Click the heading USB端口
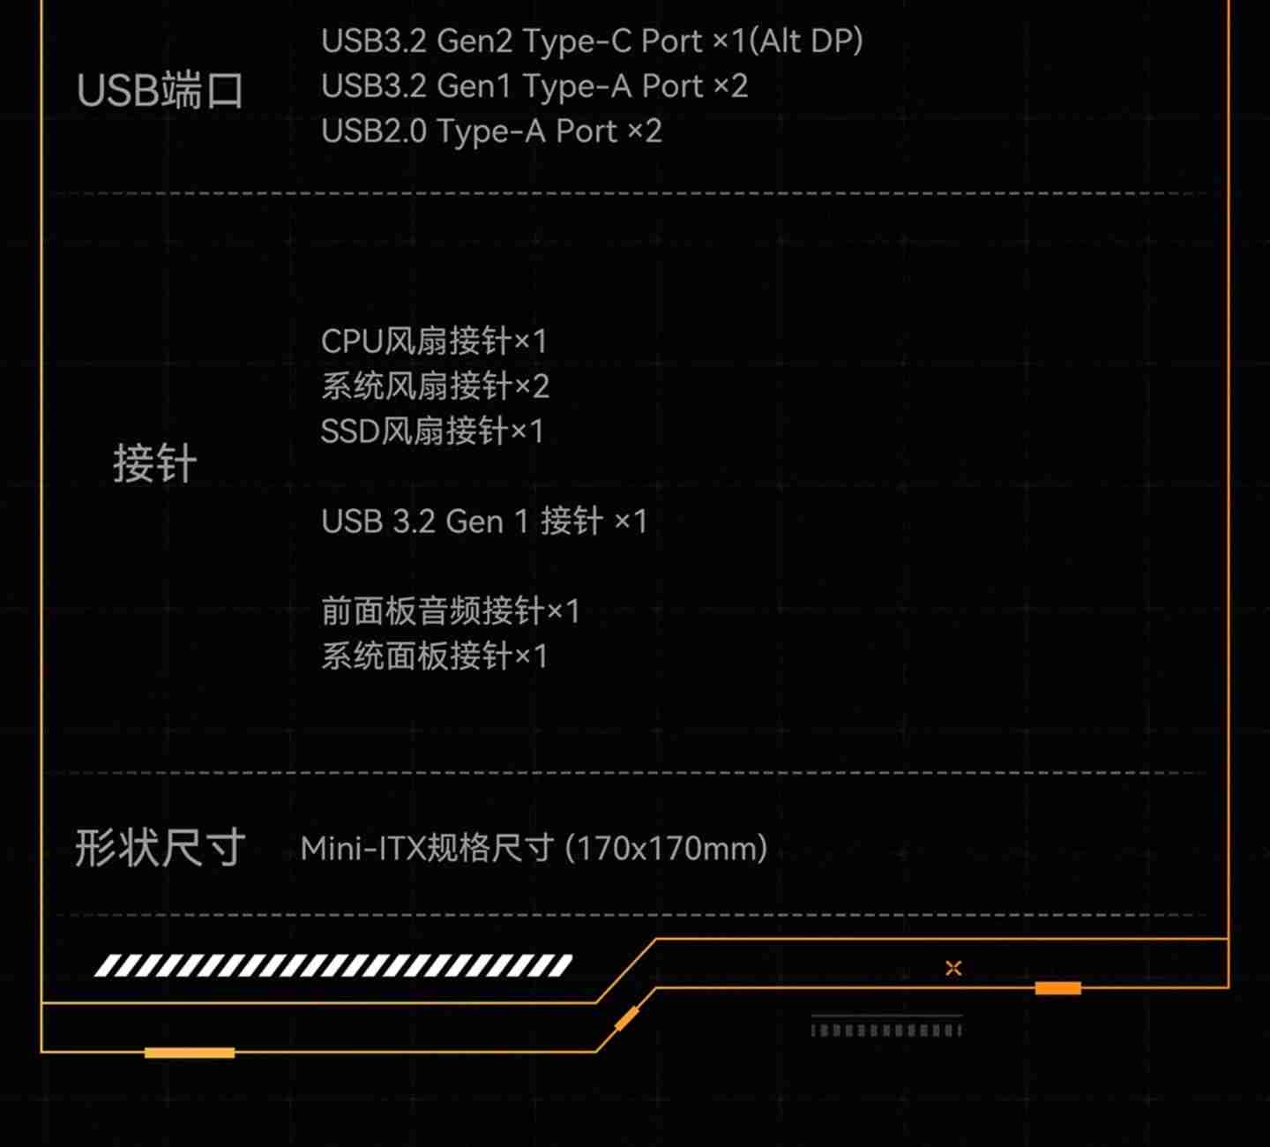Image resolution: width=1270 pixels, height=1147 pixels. (x=160, y=91)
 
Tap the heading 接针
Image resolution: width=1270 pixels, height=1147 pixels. (x=154, y=464)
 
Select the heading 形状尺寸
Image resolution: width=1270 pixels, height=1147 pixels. (x=160, y=849)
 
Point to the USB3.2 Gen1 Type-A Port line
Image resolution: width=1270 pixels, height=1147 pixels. (x=534, y=86)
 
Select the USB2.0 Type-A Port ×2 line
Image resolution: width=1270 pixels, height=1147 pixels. (x=490, y=131)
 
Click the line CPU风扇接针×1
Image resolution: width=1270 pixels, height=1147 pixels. (x=433, y=341)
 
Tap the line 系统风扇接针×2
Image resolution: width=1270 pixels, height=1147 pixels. (x=435, y=386)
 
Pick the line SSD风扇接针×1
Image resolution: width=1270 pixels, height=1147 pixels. (x=431, y=431)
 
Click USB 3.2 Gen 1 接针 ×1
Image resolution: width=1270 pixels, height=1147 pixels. (x=483, y=521)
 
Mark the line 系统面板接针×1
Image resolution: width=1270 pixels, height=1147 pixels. (x=434, y=656)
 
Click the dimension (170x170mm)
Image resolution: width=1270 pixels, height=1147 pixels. (x=666, y=849)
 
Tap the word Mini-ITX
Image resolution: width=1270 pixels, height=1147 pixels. (x=362, y=849)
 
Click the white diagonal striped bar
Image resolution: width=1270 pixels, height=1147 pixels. (x=333, y=965)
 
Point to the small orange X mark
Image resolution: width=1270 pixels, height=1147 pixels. (x=953, y=968)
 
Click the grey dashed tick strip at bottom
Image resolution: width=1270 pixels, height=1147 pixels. (x=885, y=1030)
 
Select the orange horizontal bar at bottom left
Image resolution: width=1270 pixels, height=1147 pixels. (x=190, y=1053)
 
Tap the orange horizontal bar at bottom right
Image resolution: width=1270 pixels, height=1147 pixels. (x=1057, y=988)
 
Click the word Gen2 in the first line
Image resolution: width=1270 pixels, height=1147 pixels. (x=474, y=41)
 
